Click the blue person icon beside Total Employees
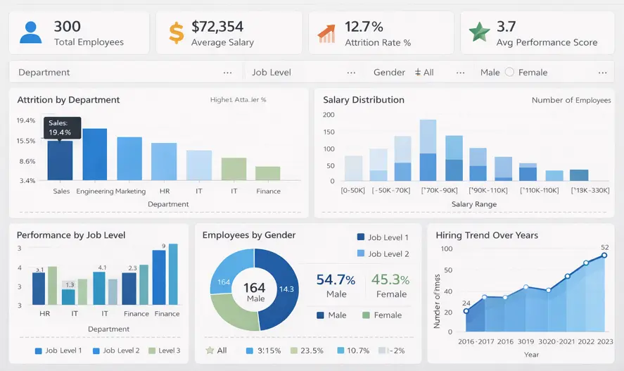30,32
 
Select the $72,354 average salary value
217,27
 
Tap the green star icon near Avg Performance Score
479,32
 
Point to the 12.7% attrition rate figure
364,27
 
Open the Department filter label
44,73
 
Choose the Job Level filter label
271,73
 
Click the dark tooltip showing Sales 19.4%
61,127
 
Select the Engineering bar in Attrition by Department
94,154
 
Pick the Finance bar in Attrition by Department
267,173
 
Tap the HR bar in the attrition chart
164,161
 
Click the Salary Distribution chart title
363,100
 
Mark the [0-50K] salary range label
353,190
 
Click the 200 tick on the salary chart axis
329,114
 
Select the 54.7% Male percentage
336,279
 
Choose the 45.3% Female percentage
390,279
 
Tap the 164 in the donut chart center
254,287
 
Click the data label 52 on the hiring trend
604,247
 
